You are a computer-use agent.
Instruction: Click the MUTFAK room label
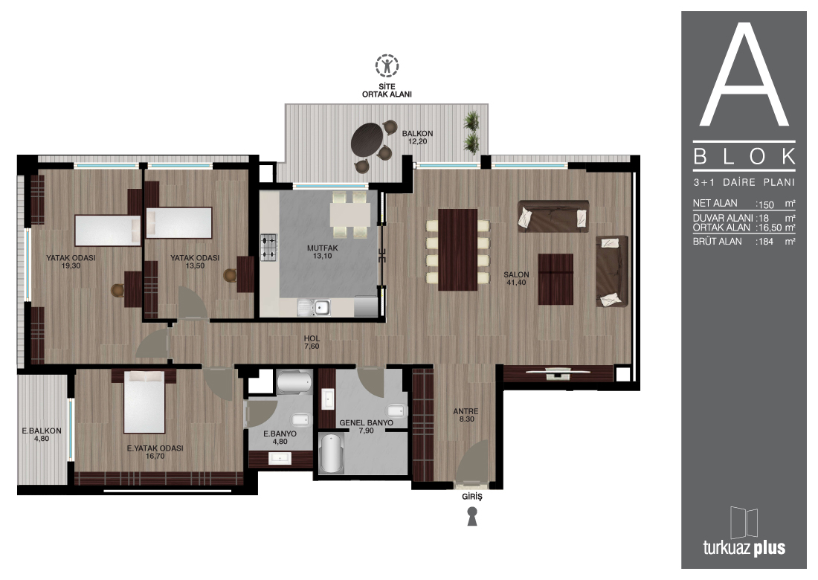pyautogui.click(x=323, y=248)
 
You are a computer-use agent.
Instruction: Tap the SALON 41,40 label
pyautogui.click(x=516, y=279)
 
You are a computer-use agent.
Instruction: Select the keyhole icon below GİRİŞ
pyautogui.click(x=472, y=516)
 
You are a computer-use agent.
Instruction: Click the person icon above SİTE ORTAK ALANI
pyautogui.click(x=387, y=65)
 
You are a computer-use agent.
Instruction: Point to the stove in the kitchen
pyautogui.click(x=268, y=247)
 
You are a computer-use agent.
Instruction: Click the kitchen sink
pyautogui.click(x=314, y=308)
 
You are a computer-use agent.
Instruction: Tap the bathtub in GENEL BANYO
pyautogui.click(x=331, y=454)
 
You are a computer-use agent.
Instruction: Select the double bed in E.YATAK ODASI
pyautogui.click(x=144, y=402)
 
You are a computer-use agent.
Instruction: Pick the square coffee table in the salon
pyautogui.click(x=555, y=279)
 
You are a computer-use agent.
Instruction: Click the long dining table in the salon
pyautogui.click(x=457, y=250)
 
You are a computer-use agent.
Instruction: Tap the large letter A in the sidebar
pyautogui.click(x=744, y=74)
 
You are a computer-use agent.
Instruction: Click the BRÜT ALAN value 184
pyautogui.click(x=766, y=242)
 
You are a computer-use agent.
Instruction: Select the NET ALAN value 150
pyautogui.click(x=766, y=204)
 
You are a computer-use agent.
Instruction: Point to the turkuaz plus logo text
pyautogui.click(x=744, y=548)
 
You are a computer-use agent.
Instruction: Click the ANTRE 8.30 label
pyautogui.click(x=466, y=415)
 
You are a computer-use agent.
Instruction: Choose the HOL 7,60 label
pyautogui.click(x=312, y=342)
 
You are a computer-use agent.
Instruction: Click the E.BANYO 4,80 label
pyautogui.click(x=280, y=438)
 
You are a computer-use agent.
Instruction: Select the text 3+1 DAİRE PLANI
pyautogui.click(x=744, y=182)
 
